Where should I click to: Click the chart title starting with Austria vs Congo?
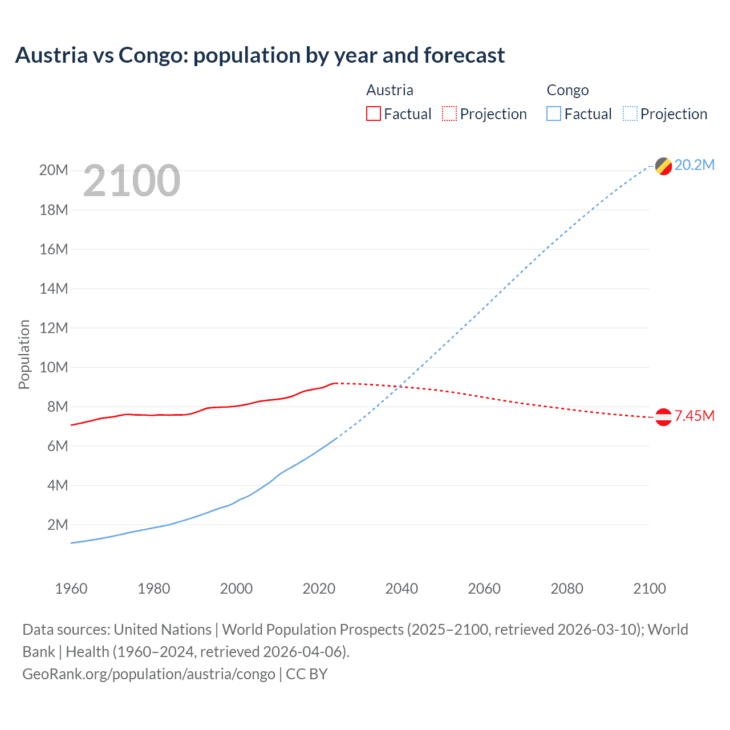259,55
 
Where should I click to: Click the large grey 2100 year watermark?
132,181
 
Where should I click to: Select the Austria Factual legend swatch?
373,113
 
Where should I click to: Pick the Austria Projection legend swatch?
449,113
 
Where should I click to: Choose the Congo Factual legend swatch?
553,113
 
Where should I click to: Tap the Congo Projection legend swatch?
630,113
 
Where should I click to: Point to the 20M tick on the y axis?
54,171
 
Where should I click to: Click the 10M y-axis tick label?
54,367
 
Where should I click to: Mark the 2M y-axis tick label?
57,525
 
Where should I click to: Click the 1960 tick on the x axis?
71,589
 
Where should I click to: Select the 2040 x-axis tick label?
401,589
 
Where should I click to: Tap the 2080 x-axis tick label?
567,589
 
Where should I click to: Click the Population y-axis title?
24,354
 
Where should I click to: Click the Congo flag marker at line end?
663,166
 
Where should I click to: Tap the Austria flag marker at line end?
663,417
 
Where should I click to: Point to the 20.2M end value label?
694,165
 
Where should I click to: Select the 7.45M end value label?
694,416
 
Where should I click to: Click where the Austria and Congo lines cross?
401,387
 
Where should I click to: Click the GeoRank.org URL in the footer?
148,674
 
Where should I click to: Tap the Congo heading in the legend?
567,90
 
